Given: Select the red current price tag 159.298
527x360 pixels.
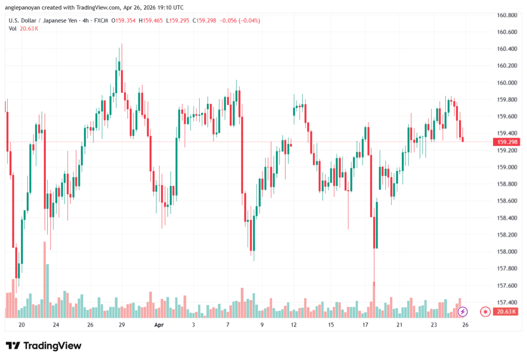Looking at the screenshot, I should [x=505, y=142].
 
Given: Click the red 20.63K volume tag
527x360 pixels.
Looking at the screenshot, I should [x=505, y=312].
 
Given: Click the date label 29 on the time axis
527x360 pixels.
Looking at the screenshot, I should [x=122, y=325].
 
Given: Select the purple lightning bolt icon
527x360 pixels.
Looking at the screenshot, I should [x=463, y=311].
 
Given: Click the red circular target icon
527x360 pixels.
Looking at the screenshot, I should [x=484, y=311].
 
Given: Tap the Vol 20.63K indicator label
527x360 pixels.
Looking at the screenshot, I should [x=23, y=28].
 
